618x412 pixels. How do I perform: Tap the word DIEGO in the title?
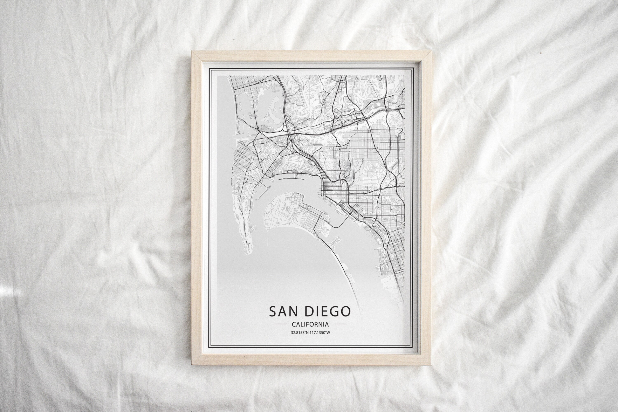point(328,311)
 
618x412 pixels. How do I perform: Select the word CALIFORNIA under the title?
point(310,324)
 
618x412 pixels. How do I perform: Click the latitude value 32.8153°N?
point(300,333)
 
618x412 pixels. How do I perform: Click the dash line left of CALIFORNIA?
point(280,324)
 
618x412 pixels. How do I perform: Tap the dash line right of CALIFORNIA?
point(341,324)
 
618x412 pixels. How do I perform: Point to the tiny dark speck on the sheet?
point(541,53)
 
